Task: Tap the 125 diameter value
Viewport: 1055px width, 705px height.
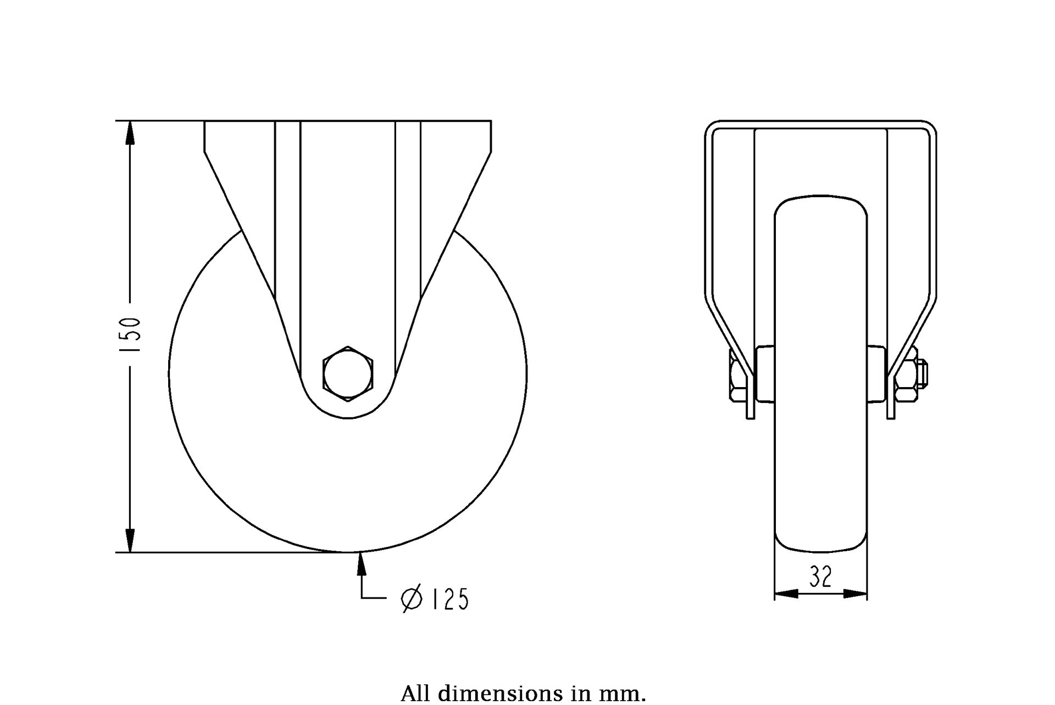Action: [x=450, y=599]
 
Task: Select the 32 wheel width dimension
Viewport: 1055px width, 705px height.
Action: [x=820, y=577]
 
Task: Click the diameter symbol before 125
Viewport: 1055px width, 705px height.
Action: [x=412, y=599]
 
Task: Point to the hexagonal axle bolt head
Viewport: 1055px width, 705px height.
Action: [x=348, y=374]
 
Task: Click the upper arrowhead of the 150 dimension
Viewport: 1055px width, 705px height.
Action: [x=130, y=132]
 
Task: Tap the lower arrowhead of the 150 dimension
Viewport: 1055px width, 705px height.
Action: [x=130, y=540]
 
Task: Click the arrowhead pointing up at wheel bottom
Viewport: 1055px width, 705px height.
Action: [x=362, y=564]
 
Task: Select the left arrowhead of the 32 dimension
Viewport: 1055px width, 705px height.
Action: [x=786, y=594]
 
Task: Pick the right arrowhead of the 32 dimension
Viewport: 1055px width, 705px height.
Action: [x=856, y=594]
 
